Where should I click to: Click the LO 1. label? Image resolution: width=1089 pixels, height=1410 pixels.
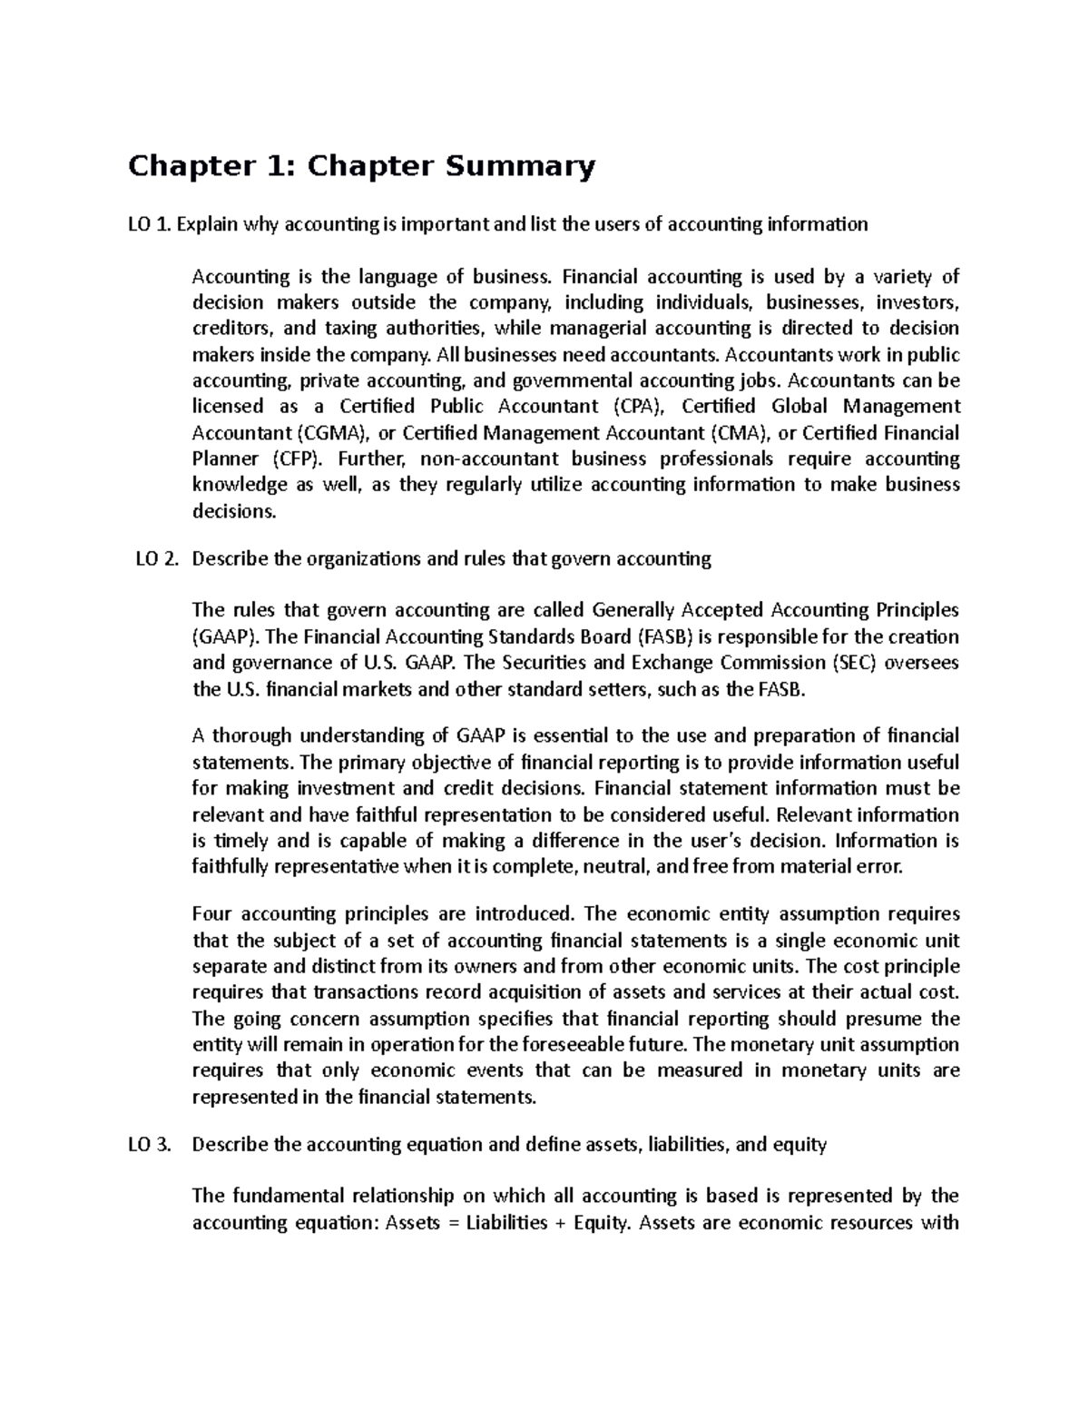pos(149,224)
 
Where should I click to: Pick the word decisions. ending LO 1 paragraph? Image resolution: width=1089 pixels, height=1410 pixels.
pos(233,512)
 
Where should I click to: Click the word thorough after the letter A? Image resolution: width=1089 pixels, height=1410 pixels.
pos(253,736)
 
